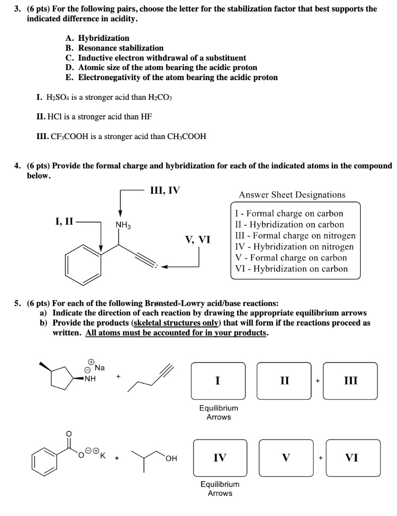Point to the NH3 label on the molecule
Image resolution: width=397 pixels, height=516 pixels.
pos(123,225)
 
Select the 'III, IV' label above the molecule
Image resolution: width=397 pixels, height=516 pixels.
pos(165,190)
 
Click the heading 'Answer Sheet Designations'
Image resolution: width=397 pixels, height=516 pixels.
pos(292,195)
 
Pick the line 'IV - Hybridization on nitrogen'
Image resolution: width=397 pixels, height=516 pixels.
pos(294,246)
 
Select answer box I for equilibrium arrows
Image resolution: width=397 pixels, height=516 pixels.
pos(218,381)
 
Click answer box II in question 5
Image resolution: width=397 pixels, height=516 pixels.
pos(284,381)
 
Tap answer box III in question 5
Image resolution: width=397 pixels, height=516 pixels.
pos(351,381)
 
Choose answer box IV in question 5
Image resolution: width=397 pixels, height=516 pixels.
pos(220,458)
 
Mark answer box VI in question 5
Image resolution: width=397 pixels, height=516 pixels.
pos(352,458)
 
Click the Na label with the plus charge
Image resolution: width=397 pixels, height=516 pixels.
pos(99,367)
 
